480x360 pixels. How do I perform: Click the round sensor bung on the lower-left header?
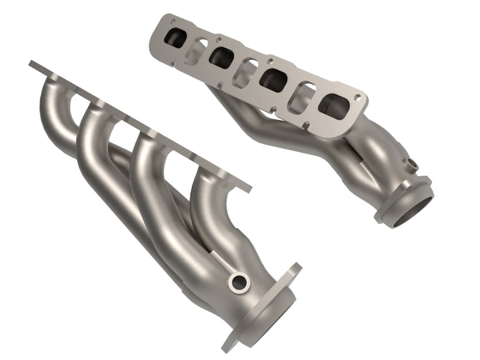(x=237, y=283)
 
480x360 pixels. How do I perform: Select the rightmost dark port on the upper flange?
(x=332, y=105)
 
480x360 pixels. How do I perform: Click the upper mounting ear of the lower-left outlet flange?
(x=293, y=271)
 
